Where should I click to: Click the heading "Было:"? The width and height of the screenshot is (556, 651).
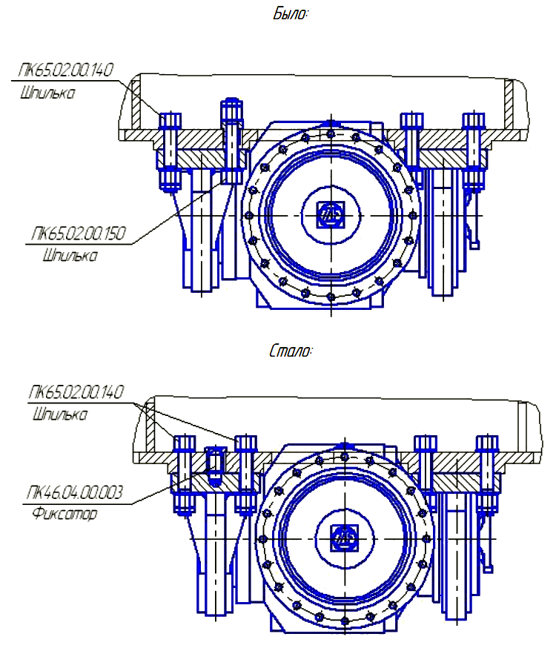tap(291, 14)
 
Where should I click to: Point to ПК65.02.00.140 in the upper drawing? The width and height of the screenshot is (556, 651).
tap(64, 71)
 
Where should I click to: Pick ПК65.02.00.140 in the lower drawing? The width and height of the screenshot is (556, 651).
tap(76, 392)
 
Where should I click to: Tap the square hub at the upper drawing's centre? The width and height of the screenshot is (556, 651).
tap(328, 214)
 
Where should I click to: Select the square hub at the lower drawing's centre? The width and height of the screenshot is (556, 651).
tap(344, 536)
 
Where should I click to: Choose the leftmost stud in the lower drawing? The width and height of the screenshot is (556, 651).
tap(183, 475)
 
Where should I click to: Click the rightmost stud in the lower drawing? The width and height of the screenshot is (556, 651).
tap(486, 475)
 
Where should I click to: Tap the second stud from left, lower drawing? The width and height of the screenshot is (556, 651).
tap(246, 475)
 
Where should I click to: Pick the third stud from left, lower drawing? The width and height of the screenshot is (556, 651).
tap(426, 475)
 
